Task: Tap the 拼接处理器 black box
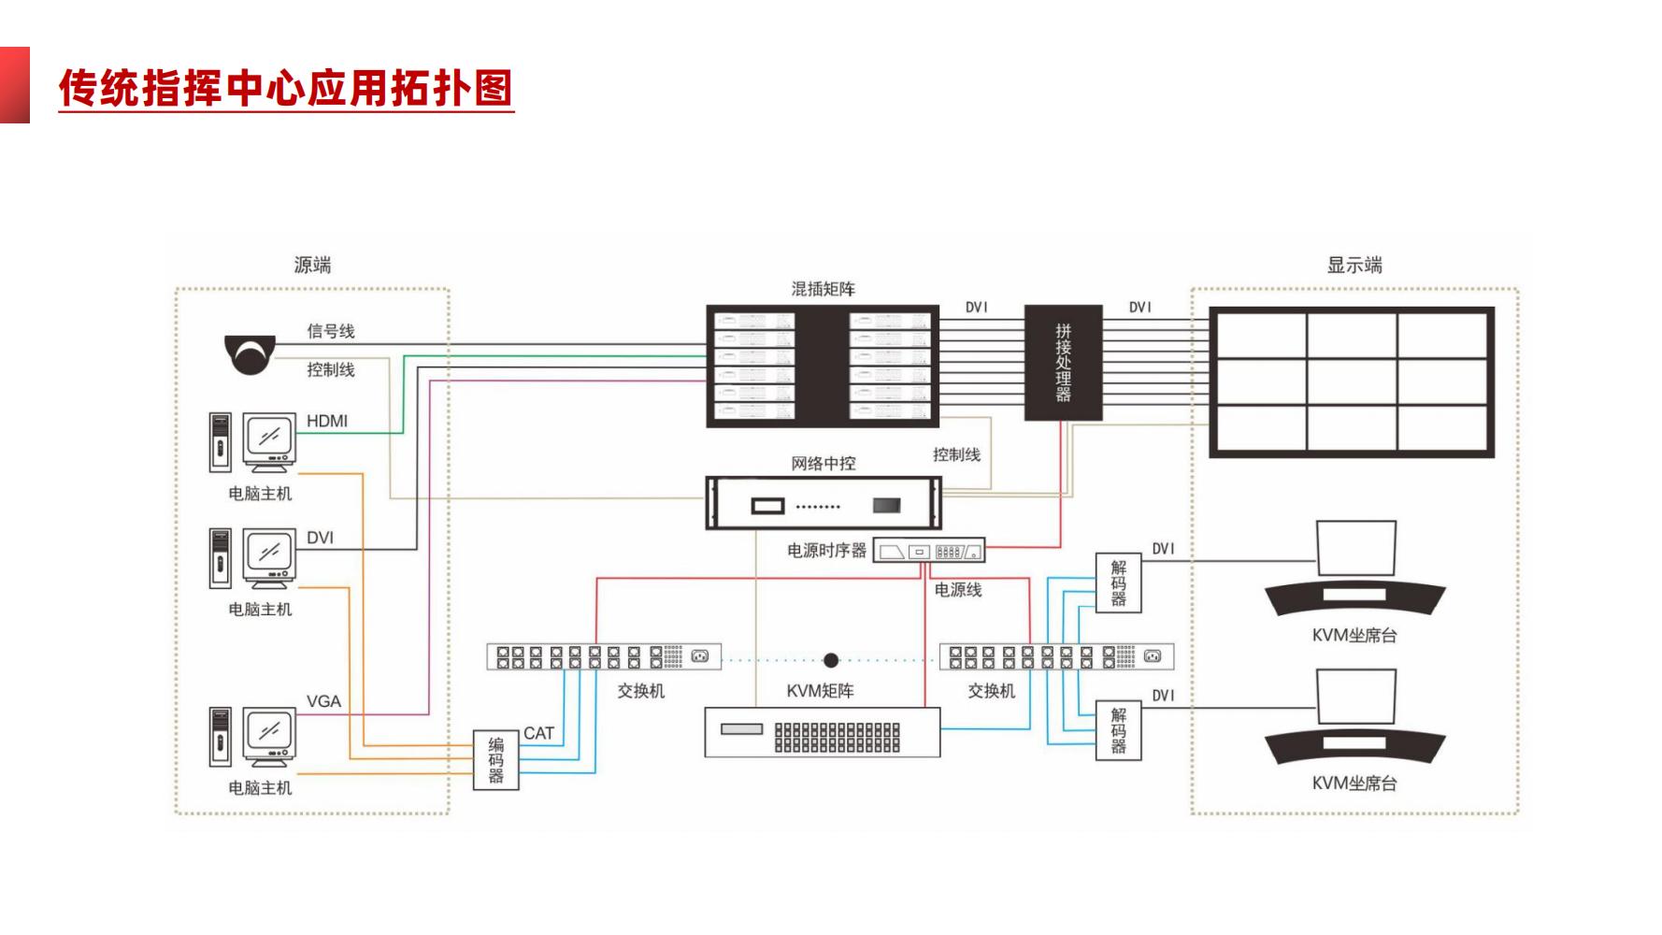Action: (x=1063, y=362)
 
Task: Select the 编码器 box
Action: (x=495, y=759)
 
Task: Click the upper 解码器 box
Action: (x=1118, y=583)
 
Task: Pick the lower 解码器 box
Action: (x=1118, y=730)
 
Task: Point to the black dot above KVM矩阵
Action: (x=831, y=660)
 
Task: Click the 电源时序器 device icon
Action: (x=928, y=551)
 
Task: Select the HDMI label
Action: (x=327, y=421)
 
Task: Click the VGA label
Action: (x=323, y=701)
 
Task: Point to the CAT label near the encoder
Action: (x=538, y=733)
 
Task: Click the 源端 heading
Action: (x=312, y=265)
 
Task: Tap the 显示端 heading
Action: (x=1354, y=265)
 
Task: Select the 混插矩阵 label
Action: (x=823, y=289)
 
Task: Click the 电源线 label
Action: (x=958, y=590)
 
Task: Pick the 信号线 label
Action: (x=331, y=331)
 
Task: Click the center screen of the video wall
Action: (x=1351, y=381)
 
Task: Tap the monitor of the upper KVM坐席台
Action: (x=1355, y=548)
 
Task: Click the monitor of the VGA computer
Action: (x=269, y=732)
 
